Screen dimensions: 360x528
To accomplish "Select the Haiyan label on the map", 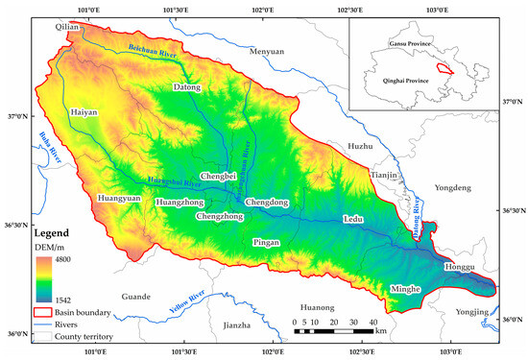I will [x=84, y=112].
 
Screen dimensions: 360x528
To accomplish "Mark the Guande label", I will [x=136, y=297].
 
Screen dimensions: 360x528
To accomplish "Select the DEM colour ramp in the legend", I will [x=43, y=275].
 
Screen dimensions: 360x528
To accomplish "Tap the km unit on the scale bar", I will [x=381, y=330].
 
